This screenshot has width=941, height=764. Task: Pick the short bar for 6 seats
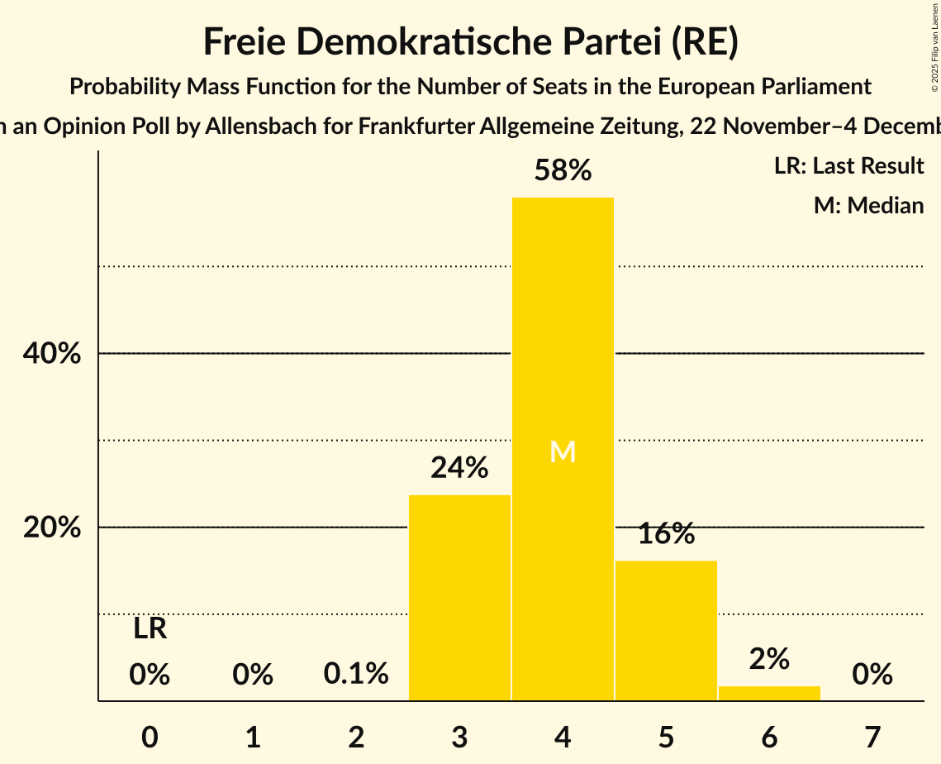coord(769,693)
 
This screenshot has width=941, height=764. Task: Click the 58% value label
coord(563,171)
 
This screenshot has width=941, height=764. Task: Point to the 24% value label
coord(459,469)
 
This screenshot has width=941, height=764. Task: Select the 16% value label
coord(666,534)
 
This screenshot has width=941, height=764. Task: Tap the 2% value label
coord(769,659)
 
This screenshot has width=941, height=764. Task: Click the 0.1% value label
coord(356,674)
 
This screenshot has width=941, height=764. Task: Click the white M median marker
coord(563,451)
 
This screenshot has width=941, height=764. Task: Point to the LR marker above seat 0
coord(150,629)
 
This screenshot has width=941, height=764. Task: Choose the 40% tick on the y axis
coord(51,354)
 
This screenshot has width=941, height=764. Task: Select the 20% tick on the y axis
coord(51,528)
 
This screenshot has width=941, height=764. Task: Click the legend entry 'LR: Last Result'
coord(848,166)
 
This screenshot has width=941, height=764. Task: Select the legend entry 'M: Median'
coord(868,205)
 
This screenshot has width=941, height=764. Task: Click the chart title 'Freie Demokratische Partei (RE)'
coord(470,42)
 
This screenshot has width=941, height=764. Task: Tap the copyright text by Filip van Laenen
coord(934,46)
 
